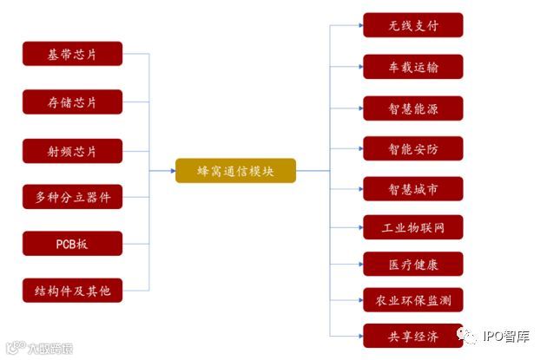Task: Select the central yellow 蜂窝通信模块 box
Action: click(235, 171)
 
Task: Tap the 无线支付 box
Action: click(412, 25)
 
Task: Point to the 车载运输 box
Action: click(412, 67)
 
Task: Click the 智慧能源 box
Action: click(412, 108)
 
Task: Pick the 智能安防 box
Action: click(412, 148)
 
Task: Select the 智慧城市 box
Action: click(412, 188)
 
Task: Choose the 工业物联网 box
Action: click(412, 228)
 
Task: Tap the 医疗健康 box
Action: click(412, 264)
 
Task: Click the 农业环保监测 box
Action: click(412, 300)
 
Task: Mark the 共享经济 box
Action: click(412, 335)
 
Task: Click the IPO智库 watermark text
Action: click(506, 337)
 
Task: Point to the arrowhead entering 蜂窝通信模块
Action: click(171, 171)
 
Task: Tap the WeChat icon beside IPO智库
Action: click(469, 337)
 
